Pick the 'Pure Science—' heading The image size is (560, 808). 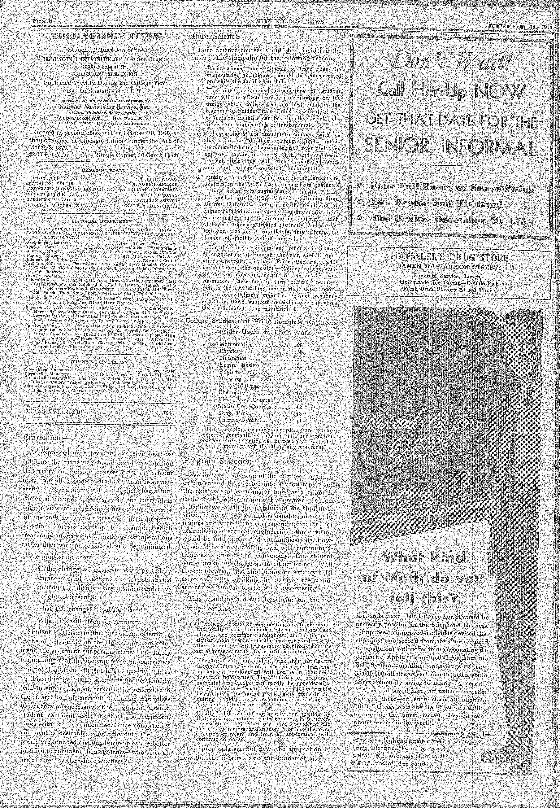(x=219, y=37)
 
